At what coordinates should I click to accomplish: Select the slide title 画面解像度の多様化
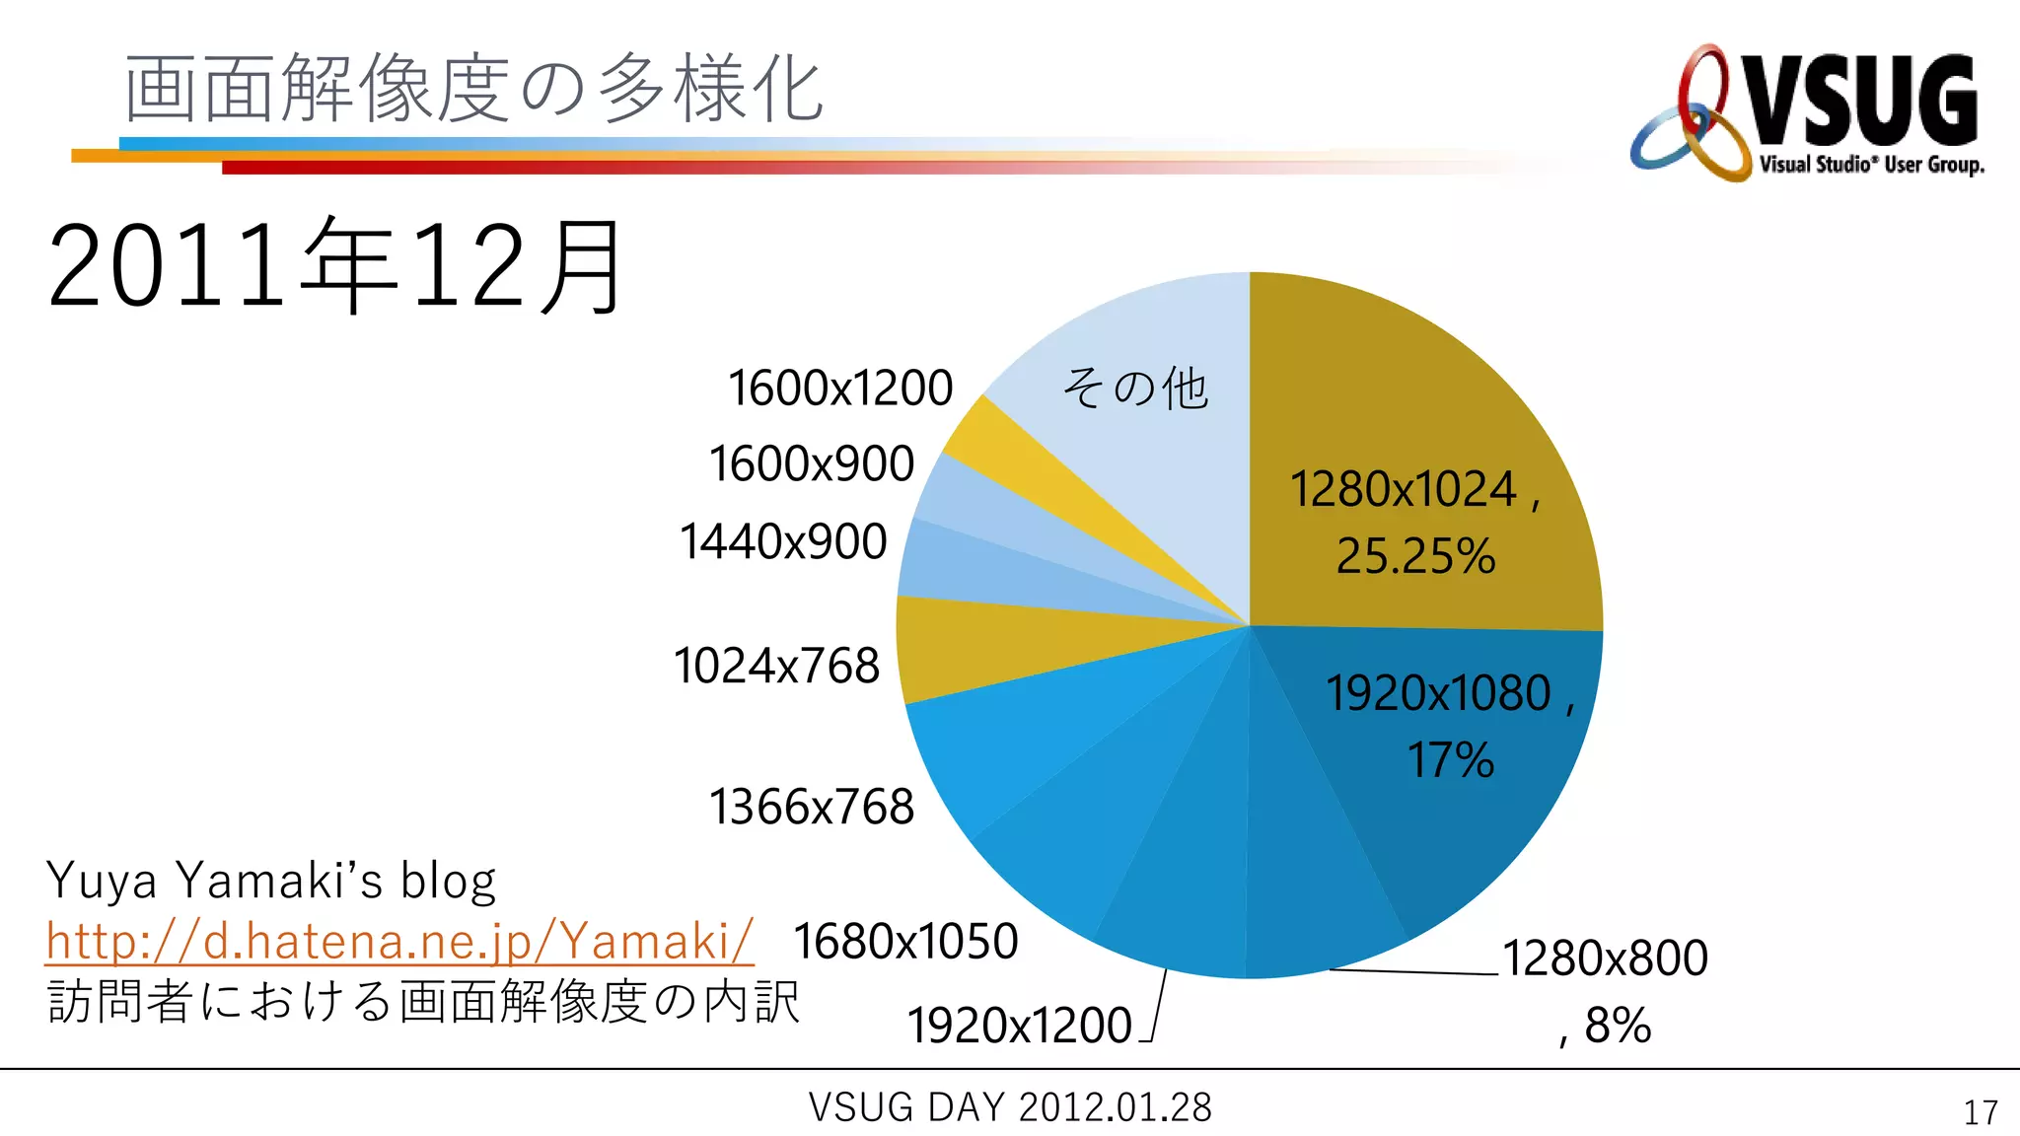coord(473,89)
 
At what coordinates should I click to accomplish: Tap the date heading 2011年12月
coord(335,266)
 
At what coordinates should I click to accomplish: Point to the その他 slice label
coord(1134,388)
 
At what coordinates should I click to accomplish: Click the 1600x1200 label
coord(840,388)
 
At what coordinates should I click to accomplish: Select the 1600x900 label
coord(812,463)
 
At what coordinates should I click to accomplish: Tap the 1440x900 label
coord(783,541)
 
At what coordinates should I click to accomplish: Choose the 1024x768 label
coord(776,666)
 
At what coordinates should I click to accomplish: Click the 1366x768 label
coord(812,807)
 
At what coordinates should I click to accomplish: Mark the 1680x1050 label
coord(905,941)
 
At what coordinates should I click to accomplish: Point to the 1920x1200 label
coord(1019,1026)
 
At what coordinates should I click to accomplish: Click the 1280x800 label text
coord(1605,958)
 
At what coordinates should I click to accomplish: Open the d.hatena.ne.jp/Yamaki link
coord(399,940)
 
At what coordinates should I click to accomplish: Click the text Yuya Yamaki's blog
coord(271,881)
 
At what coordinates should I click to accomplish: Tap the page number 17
coord(1981,1112)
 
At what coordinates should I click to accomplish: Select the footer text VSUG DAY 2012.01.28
coord(1010,1107)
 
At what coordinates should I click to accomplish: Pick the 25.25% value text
coord(1415,556)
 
